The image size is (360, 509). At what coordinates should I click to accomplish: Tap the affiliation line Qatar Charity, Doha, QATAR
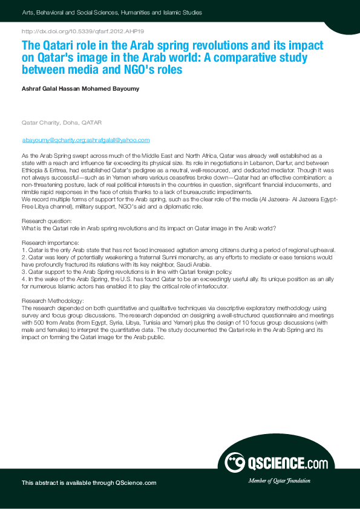point(62,123)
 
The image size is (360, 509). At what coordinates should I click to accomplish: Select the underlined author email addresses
point(85,140)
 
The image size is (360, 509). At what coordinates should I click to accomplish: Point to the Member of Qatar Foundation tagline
point(279,481)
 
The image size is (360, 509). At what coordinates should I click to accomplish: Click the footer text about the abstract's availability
point(89,482)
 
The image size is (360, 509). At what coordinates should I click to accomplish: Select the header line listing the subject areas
point(112,12)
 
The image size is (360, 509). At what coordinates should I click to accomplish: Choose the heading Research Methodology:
point(53,300)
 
